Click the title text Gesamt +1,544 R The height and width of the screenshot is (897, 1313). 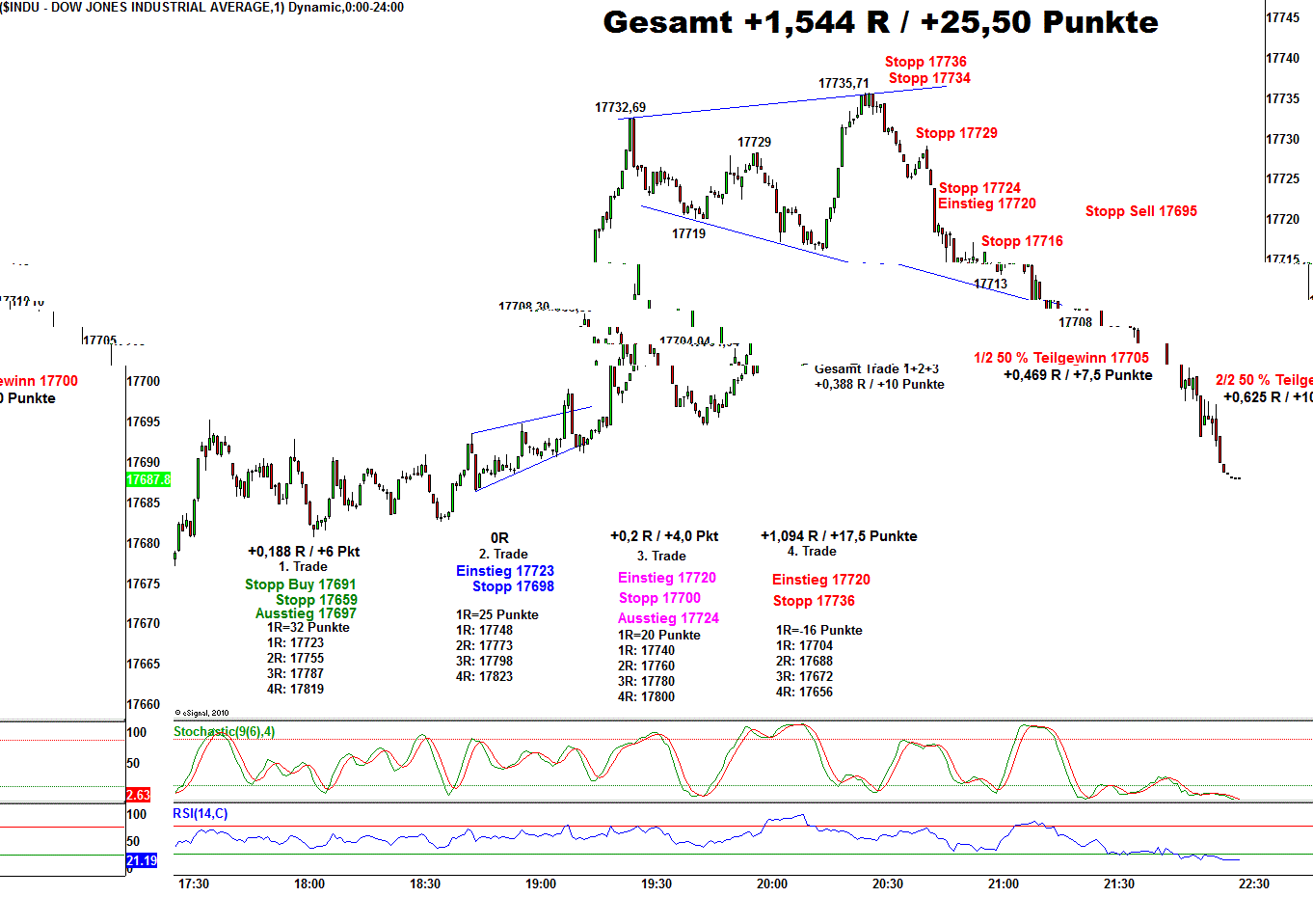pyautogui.click(x=879, y=22)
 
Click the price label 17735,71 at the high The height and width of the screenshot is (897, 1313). pyautogui.click(x=844, y=84)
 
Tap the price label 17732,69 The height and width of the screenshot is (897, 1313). pyautogui.click(x=620, y=108)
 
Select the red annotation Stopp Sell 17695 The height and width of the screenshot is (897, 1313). pyautogui.click(x=1140, y=211)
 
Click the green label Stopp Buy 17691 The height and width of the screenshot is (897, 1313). pyautogui.click(x=300, y=584)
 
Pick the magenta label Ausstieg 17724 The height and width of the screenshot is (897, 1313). pyautogui.click(x=668, y=618)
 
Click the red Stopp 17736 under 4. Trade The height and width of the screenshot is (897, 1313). pyautogui.click(x=813, y=601)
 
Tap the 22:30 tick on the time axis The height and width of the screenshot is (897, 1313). pyautogui.click(x=1253, y=883)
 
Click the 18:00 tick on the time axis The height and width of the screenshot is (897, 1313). pyautogui.click(x=308, y=883)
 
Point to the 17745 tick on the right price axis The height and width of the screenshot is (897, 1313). pyautogui.click(x=1282, y=17)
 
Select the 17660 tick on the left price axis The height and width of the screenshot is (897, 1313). pyautogui.click(x=143, y=704)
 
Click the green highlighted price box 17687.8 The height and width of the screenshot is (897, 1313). pyautogui.click(x=148, y=479)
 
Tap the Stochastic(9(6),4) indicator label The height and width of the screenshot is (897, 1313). pyautogui.click(x=224, y=732)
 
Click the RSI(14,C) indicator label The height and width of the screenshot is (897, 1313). pyautogui.click(x=201, y=814)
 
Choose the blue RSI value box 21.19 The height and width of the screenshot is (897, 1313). pyautogui.click(x=141, y=860)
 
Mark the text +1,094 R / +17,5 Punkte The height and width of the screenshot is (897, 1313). pyautogui.click(x=839, y=536)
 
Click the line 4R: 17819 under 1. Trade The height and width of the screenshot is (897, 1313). pyautogui.click(x=295, y=690)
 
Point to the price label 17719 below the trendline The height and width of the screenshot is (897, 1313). pyautogui.click(x=688, y=233)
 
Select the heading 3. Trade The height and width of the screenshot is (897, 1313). pyautogui.click(x=661, y=556)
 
